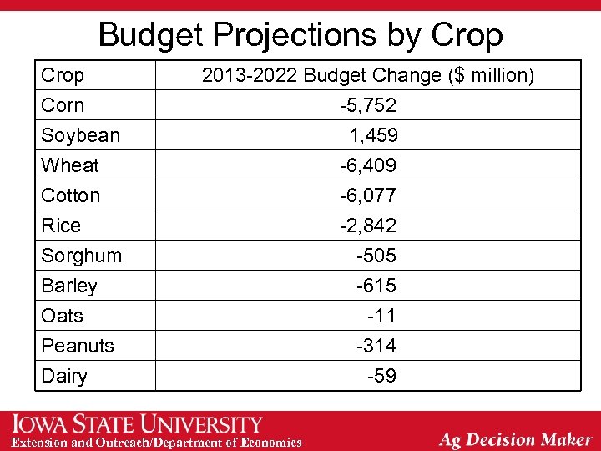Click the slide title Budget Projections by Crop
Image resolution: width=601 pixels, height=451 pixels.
[300, 34]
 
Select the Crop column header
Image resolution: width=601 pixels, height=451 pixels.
[63, 75]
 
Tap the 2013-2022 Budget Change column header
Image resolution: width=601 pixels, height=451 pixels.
[367, 75]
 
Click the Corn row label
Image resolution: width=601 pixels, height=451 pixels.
[63, 105]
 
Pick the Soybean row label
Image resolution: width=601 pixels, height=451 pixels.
[80, 135]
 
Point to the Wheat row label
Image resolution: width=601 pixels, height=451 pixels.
[70, 165]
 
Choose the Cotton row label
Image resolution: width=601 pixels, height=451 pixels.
[71, 195]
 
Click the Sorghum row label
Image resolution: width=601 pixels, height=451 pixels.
[82, 256]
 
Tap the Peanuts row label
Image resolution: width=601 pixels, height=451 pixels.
[78, 346]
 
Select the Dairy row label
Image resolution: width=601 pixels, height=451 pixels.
[64, 376]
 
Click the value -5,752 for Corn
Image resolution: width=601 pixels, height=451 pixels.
[367, 105]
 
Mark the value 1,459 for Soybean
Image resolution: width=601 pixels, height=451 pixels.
[373, 135]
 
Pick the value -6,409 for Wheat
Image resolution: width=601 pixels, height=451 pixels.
[367, 165]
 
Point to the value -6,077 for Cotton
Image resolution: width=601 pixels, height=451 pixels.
[367, 195]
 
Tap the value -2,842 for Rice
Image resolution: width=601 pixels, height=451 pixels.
[367, 225]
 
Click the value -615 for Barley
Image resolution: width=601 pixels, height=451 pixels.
[376, 286]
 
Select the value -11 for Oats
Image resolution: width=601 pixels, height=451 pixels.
[381, 316]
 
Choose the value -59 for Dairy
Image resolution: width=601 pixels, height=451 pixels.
[381, 376]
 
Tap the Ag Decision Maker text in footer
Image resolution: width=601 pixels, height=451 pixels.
[515, 439]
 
